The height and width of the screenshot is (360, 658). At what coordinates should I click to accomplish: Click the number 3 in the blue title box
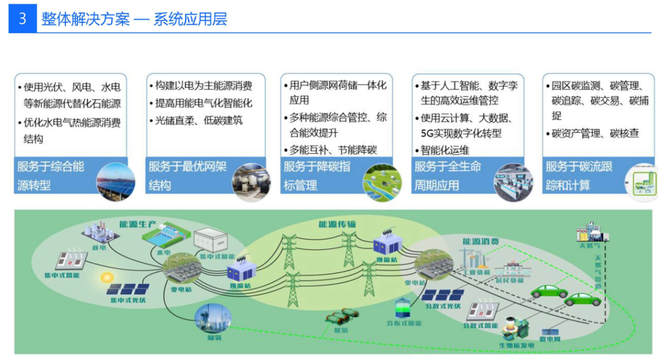[23, 19]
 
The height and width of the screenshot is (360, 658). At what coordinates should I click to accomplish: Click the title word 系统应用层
[190, 19]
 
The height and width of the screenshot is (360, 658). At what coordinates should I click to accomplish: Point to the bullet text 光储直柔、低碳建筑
[199, 121]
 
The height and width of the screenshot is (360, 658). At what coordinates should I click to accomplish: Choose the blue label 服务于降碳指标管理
[317, 175]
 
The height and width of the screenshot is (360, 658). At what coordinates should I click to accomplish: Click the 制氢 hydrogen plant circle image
[210, 317]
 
